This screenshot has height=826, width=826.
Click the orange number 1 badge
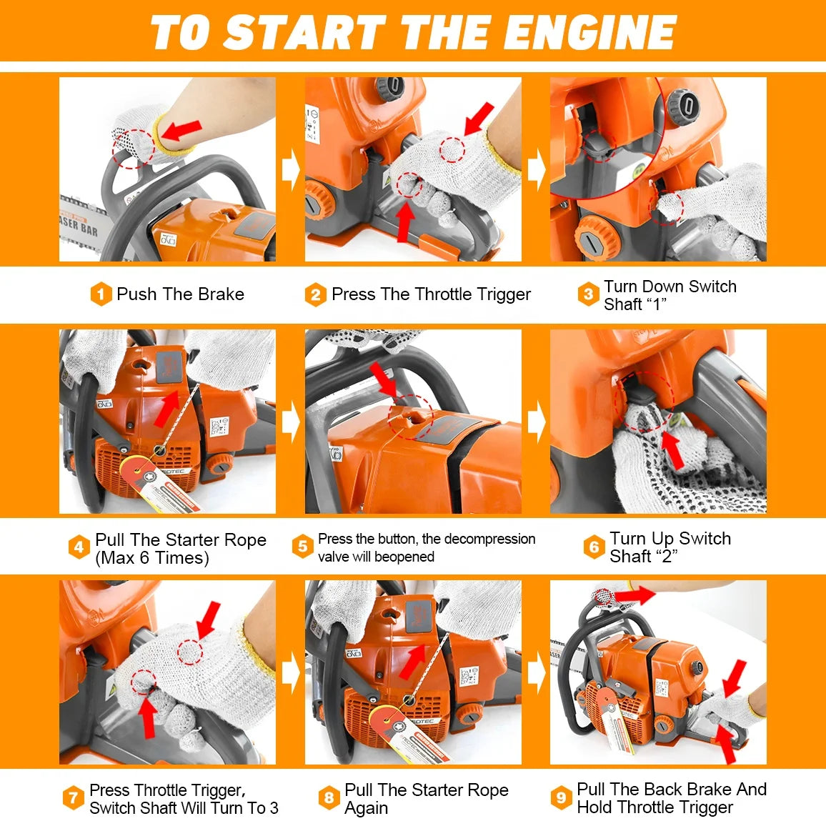click(x=101, y=294)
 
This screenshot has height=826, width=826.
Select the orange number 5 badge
click(x=302, y=547)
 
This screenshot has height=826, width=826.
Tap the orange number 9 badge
click(x=561, y=798)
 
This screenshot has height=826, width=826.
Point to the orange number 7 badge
click(x=73, y=798)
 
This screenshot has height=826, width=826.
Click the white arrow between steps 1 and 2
click(x=290, y=170)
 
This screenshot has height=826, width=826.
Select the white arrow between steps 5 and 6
click(x=536, y=422)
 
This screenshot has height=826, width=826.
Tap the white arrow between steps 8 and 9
click(x=536, y=673)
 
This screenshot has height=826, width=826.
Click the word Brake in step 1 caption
click(x=221, y=294)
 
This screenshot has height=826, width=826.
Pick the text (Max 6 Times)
click(x=151, y=558)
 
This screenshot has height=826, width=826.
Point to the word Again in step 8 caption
click(x=366, y=808)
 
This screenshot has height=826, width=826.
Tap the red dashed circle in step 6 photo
click(x=644, y=400)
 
